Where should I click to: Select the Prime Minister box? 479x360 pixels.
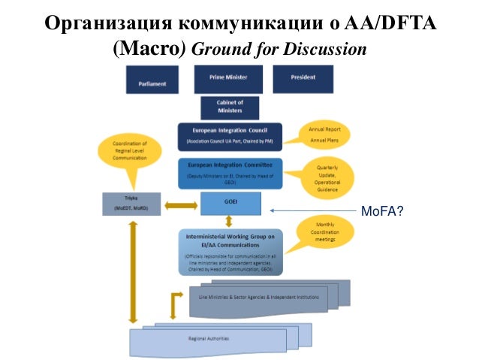coord(228,79)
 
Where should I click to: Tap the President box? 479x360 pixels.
coord(302,79)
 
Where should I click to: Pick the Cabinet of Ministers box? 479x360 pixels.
coord(230,107)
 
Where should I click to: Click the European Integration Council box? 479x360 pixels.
coord(230,137)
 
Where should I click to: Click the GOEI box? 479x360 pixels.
coord(230,204)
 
